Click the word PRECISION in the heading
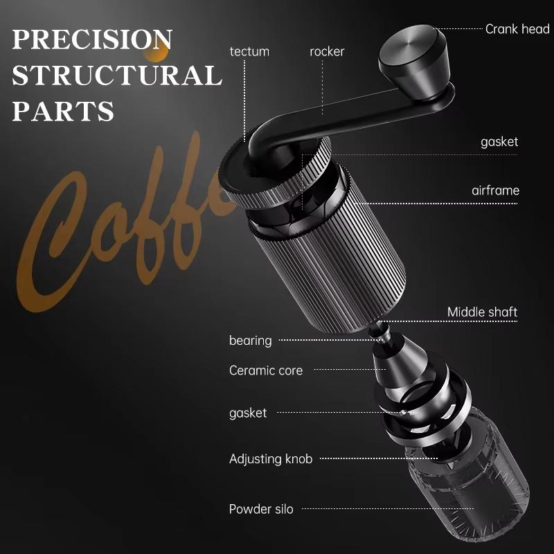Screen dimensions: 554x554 pyautogui.click(x=92, y=39)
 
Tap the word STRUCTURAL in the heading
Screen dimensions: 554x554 pyautogui.click(x=116, y=75)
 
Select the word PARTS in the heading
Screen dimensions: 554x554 pyautogui.click(x=63, y=111)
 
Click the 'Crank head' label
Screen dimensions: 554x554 pyautogui.click(x=517, y=29)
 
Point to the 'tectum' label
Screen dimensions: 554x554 pyautogui.click(x=249, y=51)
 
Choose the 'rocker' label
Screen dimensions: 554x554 pyautogui.click(x=327, y=51)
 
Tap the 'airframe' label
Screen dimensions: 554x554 pyautogui.click(x=495, y=190)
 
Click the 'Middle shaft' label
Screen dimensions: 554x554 pyautogui.click(x=482, y=312)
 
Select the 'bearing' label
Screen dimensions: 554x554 pyautogui.click(x=251, y=340)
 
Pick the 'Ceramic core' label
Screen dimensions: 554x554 pyautogui.click(x=266, y=370)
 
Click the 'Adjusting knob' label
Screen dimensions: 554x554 pyautogui.click(x=271, y=458)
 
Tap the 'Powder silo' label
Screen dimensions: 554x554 pyautogui.click(x=261, y=509)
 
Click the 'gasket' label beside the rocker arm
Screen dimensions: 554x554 pyautogui.click(x=499, y=142)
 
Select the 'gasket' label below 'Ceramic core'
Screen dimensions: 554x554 pyautogui.click(x=248, y=413)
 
